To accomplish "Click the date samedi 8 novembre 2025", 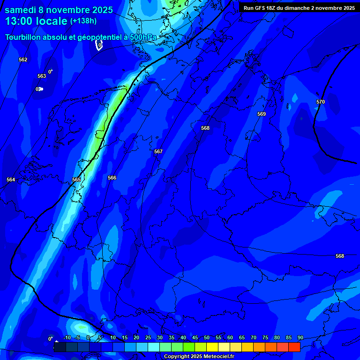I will pos(59,10).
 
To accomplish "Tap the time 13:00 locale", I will pos(36,21).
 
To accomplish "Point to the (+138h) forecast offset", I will pos(83,21).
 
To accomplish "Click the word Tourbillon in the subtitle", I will pos(23,37).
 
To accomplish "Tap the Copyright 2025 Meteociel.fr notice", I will pos(199,356).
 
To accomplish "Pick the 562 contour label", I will pos(23,60).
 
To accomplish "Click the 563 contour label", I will pos(42,76).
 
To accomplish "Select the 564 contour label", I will pos(11,180).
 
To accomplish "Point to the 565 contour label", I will pos(76,180).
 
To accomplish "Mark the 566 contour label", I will pos(112,178).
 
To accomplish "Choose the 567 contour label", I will pos(158,151).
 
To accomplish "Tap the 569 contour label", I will pos(262,114).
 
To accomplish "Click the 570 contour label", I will pos(321,102).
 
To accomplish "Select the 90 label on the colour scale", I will pos(300,337).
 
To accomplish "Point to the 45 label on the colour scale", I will pos(195,337).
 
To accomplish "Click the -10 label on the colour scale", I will pos(67,337).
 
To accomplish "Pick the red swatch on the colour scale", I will pos(294,347).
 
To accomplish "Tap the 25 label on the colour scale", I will pos(148,337).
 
